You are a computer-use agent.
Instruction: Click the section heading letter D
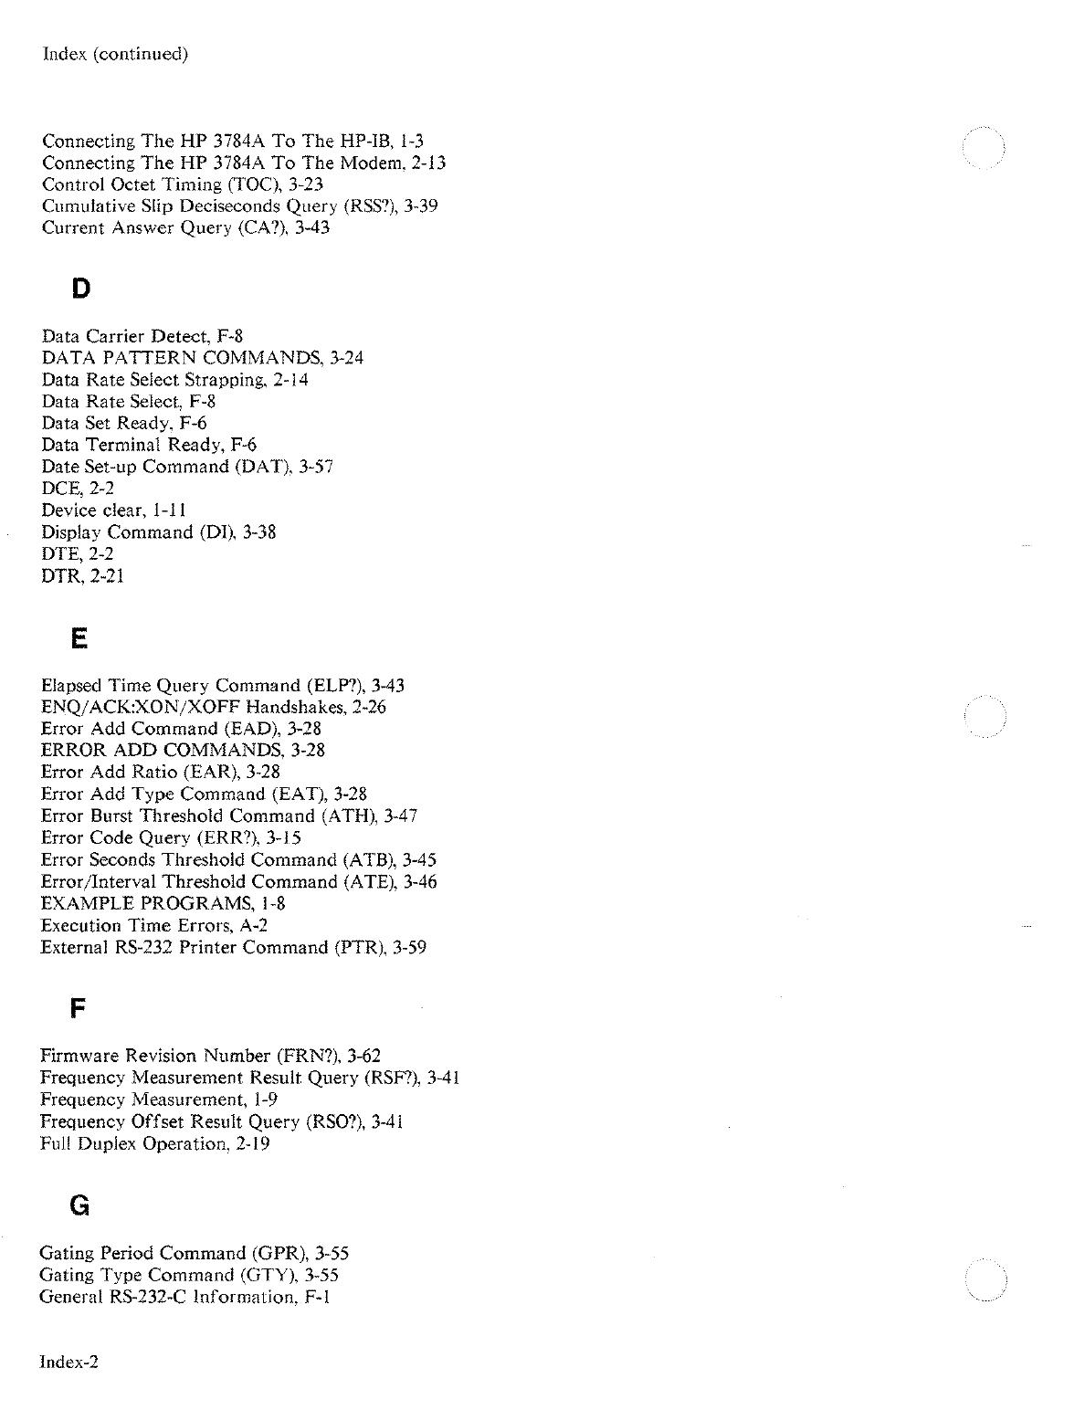click(81, 289)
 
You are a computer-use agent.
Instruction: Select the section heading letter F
click(79, 1009)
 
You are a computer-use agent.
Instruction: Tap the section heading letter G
click(79, 1206)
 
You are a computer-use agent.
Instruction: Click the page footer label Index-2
click(69, 1363)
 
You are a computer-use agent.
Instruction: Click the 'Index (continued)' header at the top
click(116, 54)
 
